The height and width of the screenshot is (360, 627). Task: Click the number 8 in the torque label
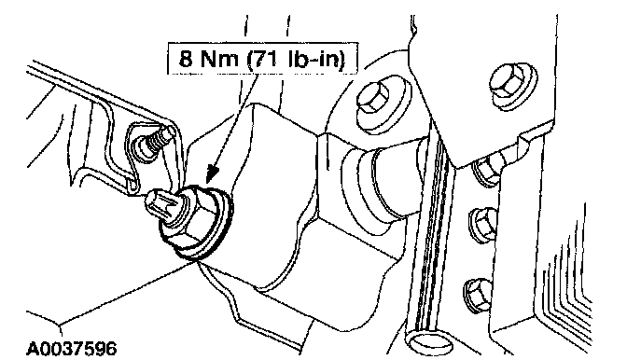coord(185,60)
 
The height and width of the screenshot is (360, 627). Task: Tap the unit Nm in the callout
coord(218,60)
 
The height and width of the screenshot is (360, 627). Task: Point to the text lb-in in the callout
coord(313,60)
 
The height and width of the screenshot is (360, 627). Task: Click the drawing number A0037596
coord(72,348)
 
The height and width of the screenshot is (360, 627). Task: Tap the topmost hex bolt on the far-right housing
coord(509,84)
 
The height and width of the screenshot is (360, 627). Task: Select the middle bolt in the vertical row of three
coord(482,225)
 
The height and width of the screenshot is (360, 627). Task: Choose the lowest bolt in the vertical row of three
coord(478,296)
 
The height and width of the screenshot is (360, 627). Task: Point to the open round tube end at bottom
coord(428,343)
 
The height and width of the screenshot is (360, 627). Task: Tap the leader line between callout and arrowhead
coord(231,120)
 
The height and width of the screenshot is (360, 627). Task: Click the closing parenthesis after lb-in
coord(341,60)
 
